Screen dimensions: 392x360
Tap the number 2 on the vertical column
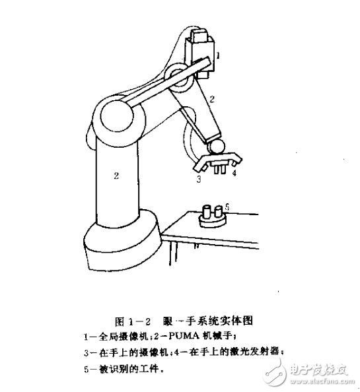pyautogui.click(x=116, y=175)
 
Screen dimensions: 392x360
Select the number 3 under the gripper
pyautogui.click(x=197, y=178)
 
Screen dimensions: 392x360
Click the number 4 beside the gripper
pyautogui.click(x=234, y=172)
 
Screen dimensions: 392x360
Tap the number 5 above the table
pyautogui.click(x=226, y=207)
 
